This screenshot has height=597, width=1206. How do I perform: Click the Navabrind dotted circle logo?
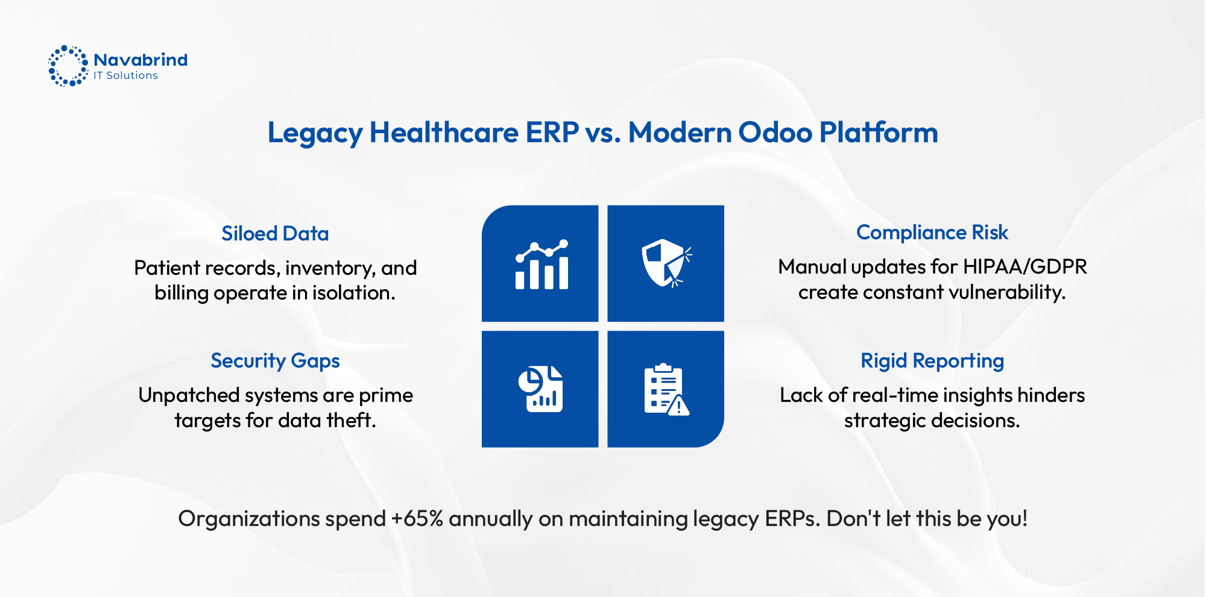click(68, 66)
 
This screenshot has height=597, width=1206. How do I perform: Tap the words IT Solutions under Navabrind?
click(125, 76)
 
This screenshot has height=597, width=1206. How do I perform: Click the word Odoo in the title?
click(775, 133)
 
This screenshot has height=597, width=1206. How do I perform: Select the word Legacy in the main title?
click(315, 133)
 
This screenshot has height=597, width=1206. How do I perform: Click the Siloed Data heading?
click(275, 234)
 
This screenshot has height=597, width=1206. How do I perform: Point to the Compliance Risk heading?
click(932, 233)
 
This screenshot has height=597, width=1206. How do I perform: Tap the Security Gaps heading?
click(275, 361)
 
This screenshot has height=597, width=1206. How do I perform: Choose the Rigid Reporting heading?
click(932, 361)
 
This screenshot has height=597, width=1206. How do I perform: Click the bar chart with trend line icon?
click(541, 264)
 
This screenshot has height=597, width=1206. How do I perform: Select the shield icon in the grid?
click(665, 263)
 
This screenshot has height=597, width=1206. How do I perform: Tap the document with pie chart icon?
click(540, 389)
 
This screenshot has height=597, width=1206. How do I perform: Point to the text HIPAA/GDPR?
click(1024, 267)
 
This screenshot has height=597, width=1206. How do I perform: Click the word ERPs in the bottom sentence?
click(792, 519)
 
